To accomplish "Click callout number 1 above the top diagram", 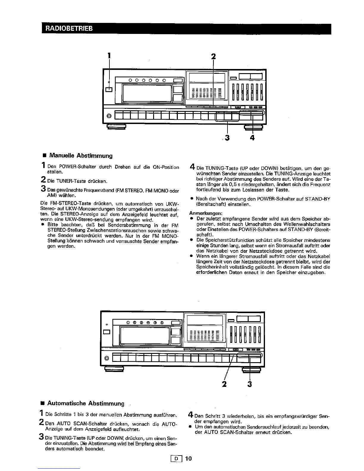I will [109, 56].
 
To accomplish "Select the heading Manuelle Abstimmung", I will [81, 156].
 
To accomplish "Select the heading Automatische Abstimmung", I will [86, 403].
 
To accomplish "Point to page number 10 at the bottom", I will [189, 458].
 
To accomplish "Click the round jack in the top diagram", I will [109, 116].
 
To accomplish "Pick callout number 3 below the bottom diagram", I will [250, 384].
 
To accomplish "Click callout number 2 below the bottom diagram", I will [225, 384].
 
